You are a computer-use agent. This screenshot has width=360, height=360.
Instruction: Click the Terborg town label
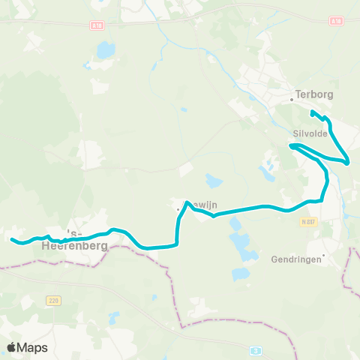point(314,95)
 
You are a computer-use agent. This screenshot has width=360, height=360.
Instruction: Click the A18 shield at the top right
point(335,22)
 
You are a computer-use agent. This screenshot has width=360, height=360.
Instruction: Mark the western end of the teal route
point(13,240)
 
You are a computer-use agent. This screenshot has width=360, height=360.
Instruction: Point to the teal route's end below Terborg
point(312,112)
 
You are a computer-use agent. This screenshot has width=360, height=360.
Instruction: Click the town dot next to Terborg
point(292,97)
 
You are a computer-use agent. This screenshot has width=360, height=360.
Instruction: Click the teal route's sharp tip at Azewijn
point(186,202)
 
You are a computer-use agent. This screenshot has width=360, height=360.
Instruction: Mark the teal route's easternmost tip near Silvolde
point(349,160)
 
